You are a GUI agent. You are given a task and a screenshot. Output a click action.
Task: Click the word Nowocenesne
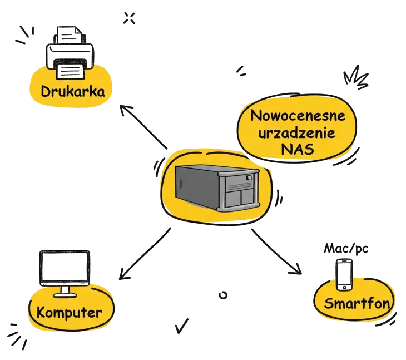298,117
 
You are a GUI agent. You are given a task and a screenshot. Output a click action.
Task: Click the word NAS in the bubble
298,150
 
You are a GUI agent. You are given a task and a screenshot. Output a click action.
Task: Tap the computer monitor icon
65,268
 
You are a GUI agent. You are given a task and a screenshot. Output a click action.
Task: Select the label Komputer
70,312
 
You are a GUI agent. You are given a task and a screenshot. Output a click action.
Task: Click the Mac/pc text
346,248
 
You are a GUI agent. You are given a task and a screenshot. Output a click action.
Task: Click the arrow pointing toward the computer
144,253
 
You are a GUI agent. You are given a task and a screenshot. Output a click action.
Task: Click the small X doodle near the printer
129,18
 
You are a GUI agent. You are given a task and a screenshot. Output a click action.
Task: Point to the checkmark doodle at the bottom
181,326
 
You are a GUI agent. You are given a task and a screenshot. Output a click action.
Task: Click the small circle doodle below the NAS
224,295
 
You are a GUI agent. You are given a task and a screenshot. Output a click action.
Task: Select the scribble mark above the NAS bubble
242,70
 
